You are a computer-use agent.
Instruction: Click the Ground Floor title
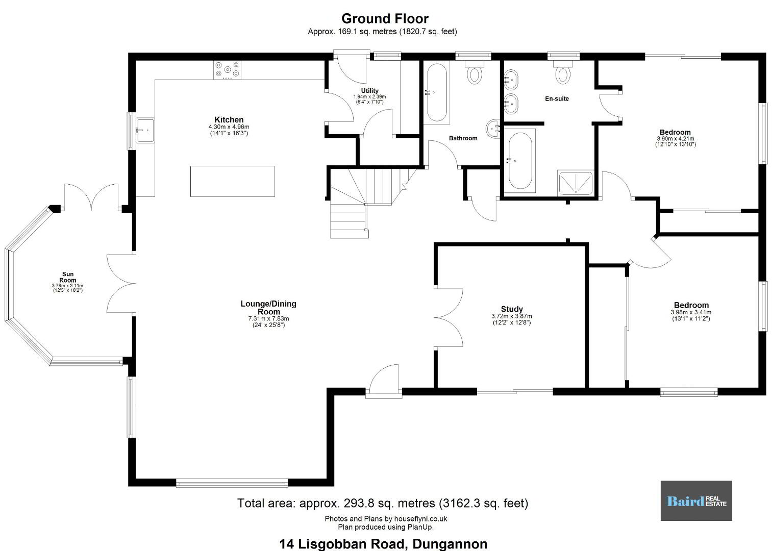[385, 18]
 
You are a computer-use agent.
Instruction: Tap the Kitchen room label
[229, 119]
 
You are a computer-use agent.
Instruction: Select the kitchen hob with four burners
[227, 70]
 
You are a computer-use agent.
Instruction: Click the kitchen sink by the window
[145, 130]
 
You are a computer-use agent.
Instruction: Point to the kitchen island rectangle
[233, 181]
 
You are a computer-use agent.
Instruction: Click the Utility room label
[370, 91]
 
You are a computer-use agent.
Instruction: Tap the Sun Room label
[67, 277]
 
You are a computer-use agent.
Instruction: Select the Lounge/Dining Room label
[268, 307]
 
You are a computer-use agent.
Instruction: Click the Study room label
[512, 309]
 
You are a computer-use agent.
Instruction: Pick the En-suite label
[557, 98]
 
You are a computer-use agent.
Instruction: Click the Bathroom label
[463, 138]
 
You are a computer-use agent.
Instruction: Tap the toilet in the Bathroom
[475, 72]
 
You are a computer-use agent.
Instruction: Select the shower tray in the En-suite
[576, 183]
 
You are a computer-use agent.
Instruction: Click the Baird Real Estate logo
[696, 500]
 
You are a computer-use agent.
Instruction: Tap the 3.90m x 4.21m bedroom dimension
[676, 139]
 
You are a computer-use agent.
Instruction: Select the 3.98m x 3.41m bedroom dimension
[691, 312]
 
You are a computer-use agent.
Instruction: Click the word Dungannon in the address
[450, 544]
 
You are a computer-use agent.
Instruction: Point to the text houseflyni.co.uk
[421, 518]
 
